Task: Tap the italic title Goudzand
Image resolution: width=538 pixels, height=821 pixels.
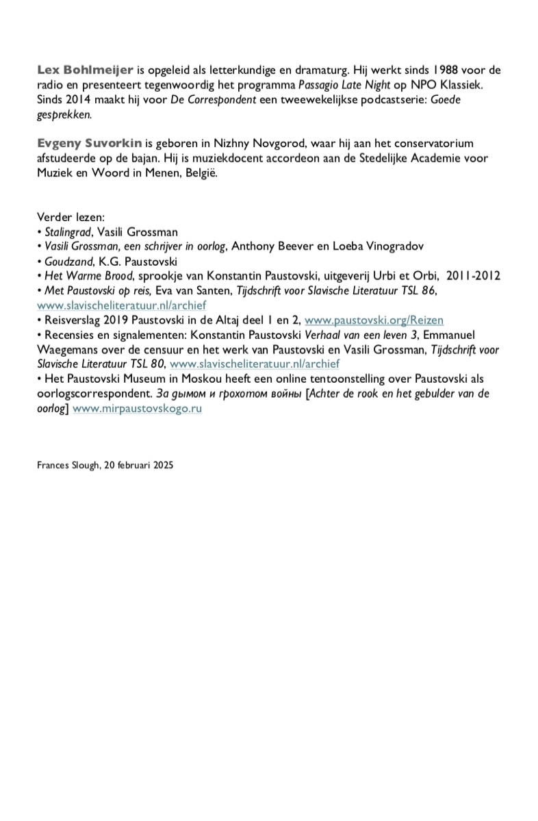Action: [x=66, y=261]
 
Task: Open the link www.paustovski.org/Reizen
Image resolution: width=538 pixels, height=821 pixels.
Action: [x=374, y=320]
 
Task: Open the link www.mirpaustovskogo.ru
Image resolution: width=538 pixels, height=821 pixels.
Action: [x=137, y=408]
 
